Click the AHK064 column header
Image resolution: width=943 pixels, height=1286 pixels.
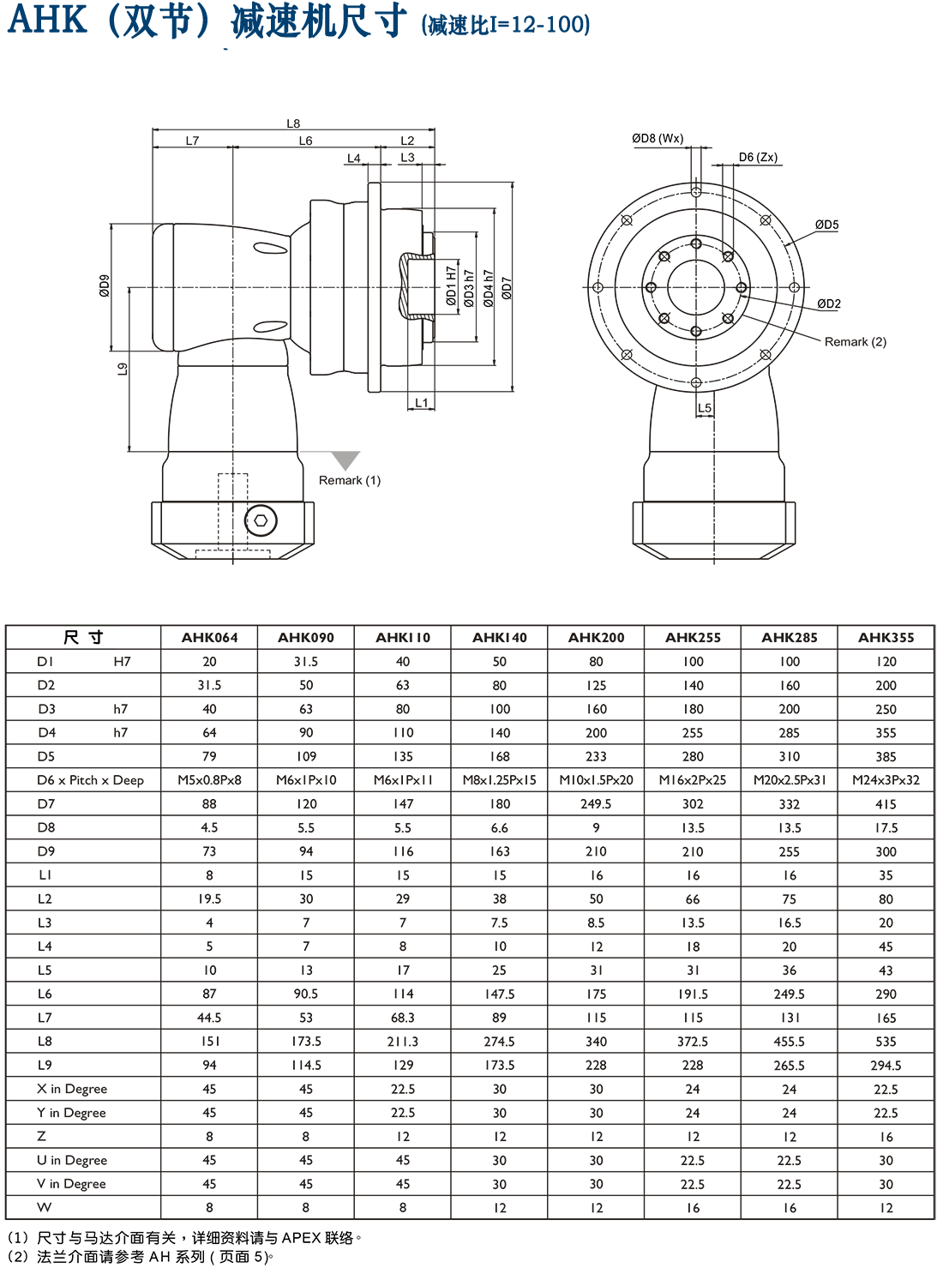pyautogui.click(x=209, y=638)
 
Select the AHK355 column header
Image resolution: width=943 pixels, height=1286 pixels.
pyautogui.click(x=886, y=638)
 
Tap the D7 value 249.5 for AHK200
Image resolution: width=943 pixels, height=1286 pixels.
pyautogui.click(x=596, y=804)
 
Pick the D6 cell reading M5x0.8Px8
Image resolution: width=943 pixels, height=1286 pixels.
pyautogui.click(x=209, y=780)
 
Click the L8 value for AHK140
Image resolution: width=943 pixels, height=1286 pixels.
pyautogui.click(x=499, y=1042)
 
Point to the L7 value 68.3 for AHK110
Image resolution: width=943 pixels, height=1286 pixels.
pyautogui.click(x=402, y=1018)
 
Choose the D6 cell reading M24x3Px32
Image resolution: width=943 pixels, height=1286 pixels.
pyautogui.click(x=886, y=780)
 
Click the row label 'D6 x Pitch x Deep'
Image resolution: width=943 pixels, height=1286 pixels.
pyautogui.click(x=90, y=780)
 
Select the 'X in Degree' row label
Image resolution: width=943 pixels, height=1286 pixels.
pyautogui.click(x=72, y=1089)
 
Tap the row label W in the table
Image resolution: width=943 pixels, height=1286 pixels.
pyautogui.click(x=45, y=1207)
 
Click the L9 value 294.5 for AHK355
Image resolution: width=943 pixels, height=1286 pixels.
pyautogui.click(x=886, y=1066)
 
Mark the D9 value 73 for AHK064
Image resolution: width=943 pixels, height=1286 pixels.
pyautogui.click(x=209, y=851)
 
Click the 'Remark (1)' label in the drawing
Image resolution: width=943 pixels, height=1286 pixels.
pyautogui.click(x=349, y=481)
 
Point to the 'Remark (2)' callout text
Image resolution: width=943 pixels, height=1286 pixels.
pyautogui.click(x=855, y=342)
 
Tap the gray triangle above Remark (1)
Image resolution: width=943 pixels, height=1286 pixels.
pyautogui.click(x=345, y=460)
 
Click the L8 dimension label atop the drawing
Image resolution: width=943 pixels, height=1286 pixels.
pyautogui.click(x=293, y=124)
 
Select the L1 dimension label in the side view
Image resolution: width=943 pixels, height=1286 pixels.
pyautogui.click(x=421, y=403)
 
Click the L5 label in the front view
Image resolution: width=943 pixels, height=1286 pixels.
pyautogui.click(x=704, y=409)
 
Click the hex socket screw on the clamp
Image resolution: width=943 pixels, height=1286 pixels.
pyautogui.click(x=261, y=520)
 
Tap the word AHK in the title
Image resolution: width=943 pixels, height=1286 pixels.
pyautogui.click(x=47, y=21)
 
